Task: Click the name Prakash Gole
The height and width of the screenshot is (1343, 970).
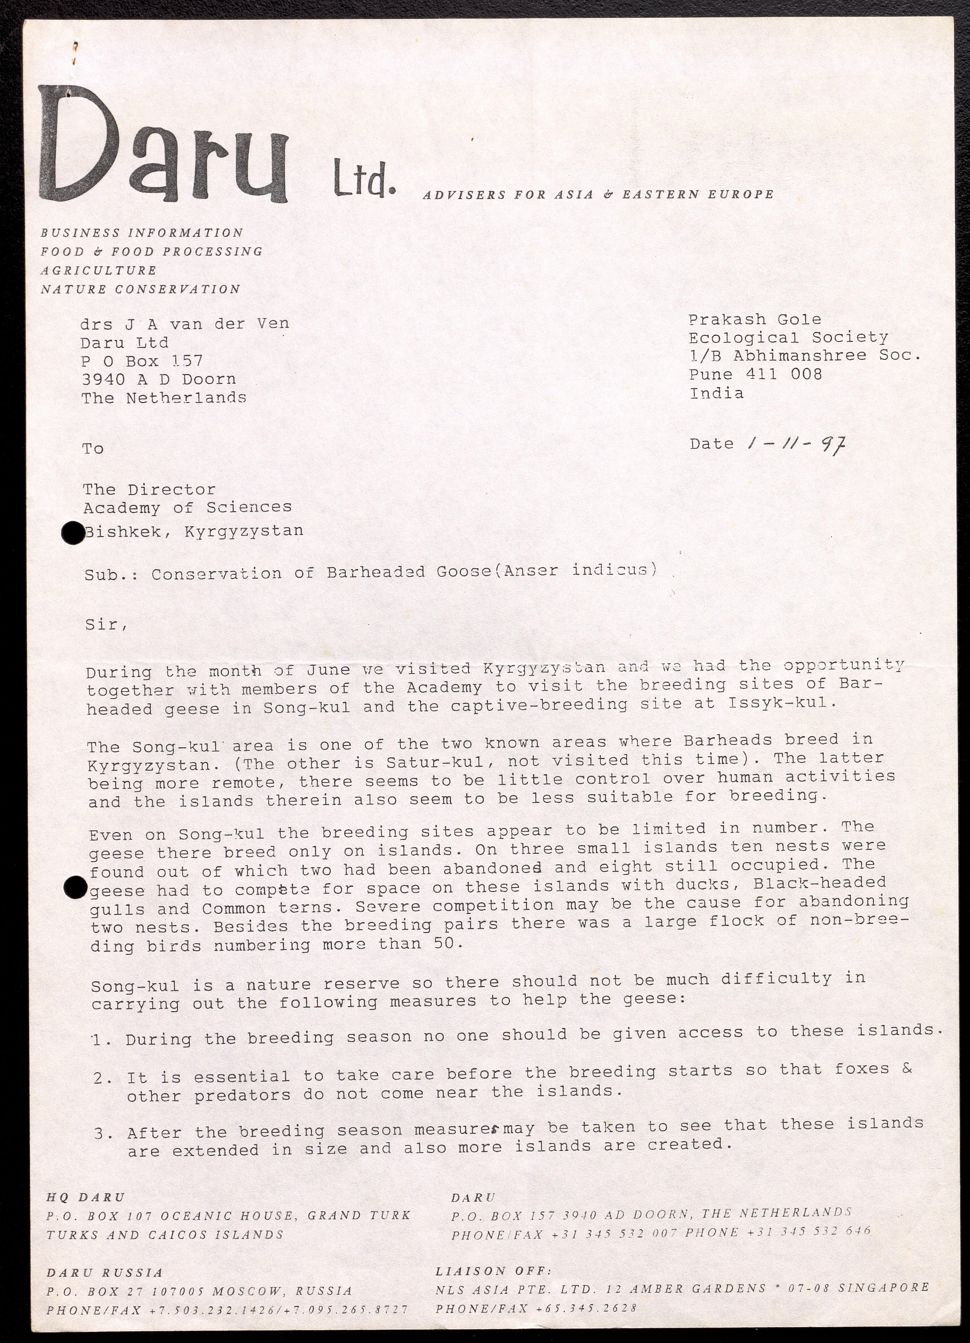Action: tap(755, 320)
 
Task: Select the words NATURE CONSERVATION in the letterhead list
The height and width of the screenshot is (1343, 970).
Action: tap(140, 290)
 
